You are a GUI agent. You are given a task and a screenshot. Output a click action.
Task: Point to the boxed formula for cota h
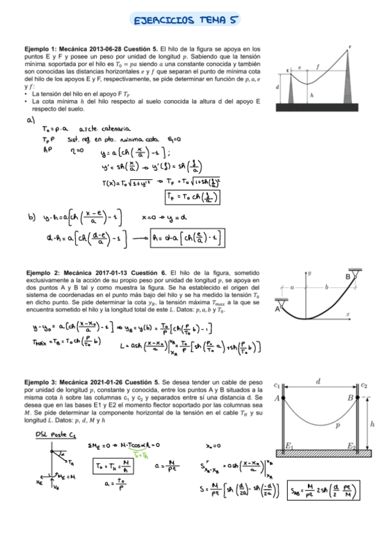(x=188, y=238)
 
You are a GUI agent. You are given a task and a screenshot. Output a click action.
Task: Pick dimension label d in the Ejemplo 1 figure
(x=277, y=86)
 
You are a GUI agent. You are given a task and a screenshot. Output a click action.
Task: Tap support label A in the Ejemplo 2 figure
(x=278, y=309)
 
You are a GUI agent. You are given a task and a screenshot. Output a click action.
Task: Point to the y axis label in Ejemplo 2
(x=310, y=273)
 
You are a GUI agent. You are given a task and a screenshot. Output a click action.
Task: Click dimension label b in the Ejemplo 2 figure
(x=326, y=287)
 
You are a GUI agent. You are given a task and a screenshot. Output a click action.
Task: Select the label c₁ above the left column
(x=277, y=386)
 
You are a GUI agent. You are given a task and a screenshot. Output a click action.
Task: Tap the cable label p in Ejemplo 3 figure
(x=338, y=426)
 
